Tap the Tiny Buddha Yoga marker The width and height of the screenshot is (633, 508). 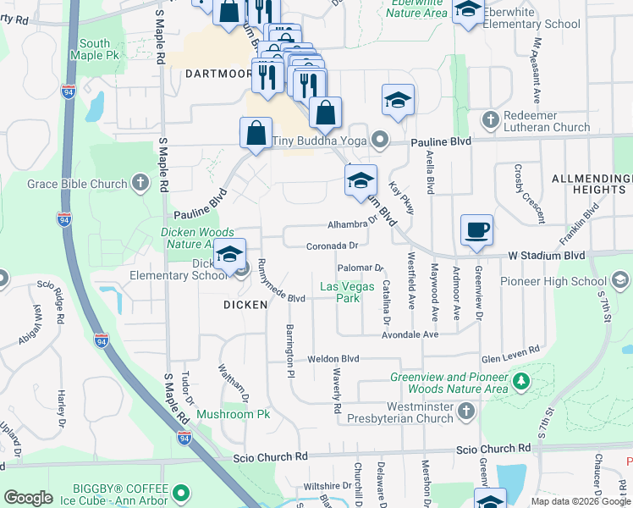(379, 140)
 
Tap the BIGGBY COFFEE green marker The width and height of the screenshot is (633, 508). (179, 492)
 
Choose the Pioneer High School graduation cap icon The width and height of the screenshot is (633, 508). (619, 281)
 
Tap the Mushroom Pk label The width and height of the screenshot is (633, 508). (233, 415)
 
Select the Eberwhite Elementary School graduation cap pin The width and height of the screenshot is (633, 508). (467, 10)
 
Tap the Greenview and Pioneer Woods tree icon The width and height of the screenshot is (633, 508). (521, 383)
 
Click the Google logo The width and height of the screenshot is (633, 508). (29, 498)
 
